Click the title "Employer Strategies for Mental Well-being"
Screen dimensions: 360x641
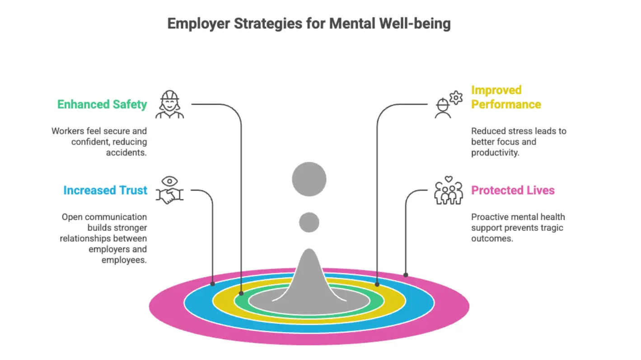tap(309, 24)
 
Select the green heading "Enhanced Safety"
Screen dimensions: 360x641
tap(102, 104)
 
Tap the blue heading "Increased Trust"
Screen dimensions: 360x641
tap(105, 190)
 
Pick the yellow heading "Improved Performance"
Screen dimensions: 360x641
tap(506, 97)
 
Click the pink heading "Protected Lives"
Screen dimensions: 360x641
tap(513, 190)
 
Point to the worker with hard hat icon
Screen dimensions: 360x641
tap(170, 104)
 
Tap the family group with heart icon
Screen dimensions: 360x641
tap(448, 190)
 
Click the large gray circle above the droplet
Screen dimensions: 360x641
tap(309, 179)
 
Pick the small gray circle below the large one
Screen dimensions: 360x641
tap(309, 222)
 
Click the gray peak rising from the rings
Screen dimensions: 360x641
tap(309, 276)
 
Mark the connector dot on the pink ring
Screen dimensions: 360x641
tap(406, 275)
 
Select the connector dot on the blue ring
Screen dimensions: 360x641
tap(213, 284)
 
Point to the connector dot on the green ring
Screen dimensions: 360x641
tap(241, 293)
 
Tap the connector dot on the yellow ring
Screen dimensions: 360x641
tap(377, 284)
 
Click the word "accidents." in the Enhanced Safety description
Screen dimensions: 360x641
tap(126, 153)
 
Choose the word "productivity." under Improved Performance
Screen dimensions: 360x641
tap(495, 153)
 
